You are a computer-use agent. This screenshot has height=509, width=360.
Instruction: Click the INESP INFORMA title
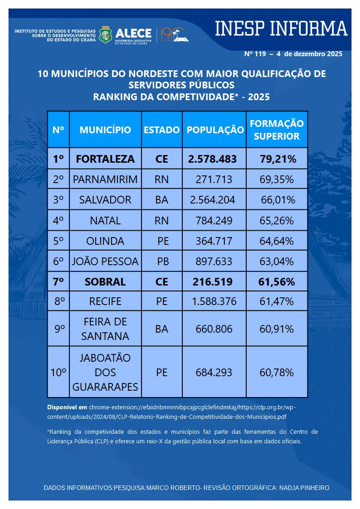(x=281, y=29)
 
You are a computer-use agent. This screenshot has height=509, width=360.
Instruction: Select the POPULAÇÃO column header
(x=215, y=130)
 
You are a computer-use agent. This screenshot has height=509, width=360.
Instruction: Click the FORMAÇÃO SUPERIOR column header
(x=277, y=130)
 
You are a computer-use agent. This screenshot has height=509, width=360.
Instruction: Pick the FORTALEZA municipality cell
(x=105, y=159)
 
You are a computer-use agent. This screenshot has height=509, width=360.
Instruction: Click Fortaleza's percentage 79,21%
(x=277, y=159)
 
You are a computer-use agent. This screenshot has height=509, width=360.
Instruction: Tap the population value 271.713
(x=214, y=179)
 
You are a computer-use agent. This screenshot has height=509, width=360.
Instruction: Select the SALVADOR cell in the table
(x=105, y=200)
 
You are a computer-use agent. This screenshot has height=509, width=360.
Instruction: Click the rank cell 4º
(x=58, y=221)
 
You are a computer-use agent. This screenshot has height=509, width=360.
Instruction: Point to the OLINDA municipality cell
(x=105, y=241)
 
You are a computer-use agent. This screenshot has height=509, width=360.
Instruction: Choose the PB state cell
(x=162, y=262)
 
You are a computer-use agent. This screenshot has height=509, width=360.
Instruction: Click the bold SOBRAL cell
(x=105, y=281)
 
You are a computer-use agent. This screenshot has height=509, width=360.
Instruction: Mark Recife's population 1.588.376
(x=214, y=301)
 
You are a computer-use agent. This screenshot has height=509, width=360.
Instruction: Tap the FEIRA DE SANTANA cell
(x=105, y=329)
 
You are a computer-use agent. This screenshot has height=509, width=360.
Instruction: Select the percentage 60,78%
(x=277, y=373)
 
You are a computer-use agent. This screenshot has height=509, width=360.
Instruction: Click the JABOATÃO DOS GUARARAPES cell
(x=105, y=373)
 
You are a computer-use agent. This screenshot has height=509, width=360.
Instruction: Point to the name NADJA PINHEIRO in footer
(x=306, y=488)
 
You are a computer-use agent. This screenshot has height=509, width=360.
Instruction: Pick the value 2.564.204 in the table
(x=214, y=200)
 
